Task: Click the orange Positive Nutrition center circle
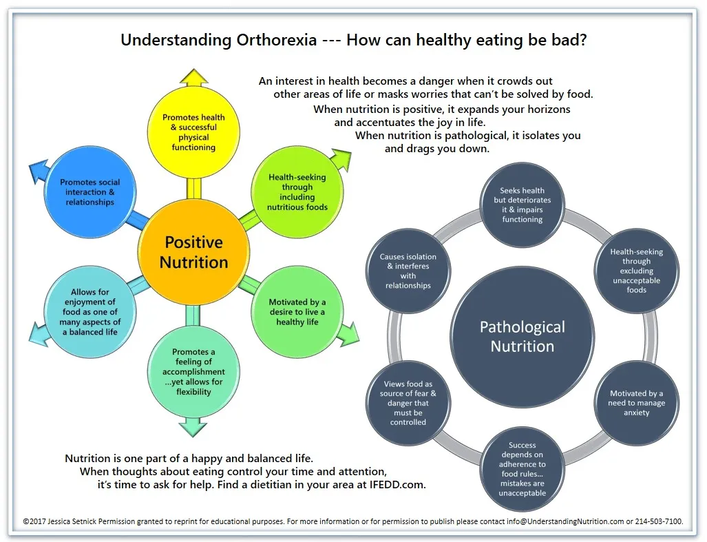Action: [193, 253]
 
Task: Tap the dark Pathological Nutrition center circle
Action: [522, 337]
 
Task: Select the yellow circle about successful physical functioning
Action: [193, 132]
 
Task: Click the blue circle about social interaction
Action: [89, 192]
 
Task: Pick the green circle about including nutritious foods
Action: [297, 192]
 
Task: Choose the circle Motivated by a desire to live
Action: [297, 312]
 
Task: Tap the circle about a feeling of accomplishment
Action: [193, 372]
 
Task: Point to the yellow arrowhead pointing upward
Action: [193, 76]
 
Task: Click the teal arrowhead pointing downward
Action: [193, 427]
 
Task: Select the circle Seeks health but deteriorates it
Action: [522, 205]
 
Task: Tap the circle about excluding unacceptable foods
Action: [636, 271]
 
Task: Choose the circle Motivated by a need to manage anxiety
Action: [636, 403]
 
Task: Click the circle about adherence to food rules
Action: [522, 469]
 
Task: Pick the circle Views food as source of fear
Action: [408, 403]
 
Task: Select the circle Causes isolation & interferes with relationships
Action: [408, 271]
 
